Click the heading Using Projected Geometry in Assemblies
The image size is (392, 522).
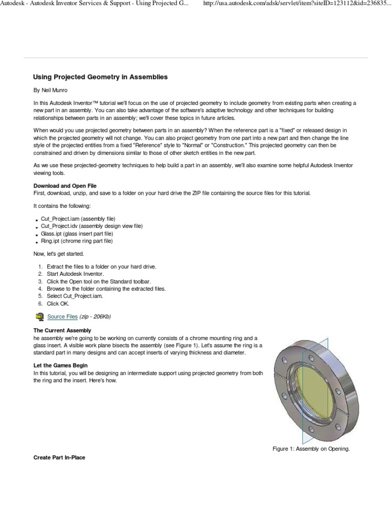(x=100, y=77)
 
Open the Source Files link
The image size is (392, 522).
(x=62, y=317)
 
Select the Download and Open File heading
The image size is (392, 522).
(x=65, y=186)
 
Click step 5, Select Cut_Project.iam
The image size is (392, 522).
(x=75, y=296)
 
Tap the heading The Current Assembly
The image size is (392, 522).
(x=62, y=330)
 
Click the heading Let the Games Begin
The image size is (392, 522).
(x=60, y=366)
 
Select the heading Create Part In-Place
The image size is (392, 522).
(x=59, y=458)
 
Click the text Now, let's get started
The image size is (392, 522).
(x=58, y=253)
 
